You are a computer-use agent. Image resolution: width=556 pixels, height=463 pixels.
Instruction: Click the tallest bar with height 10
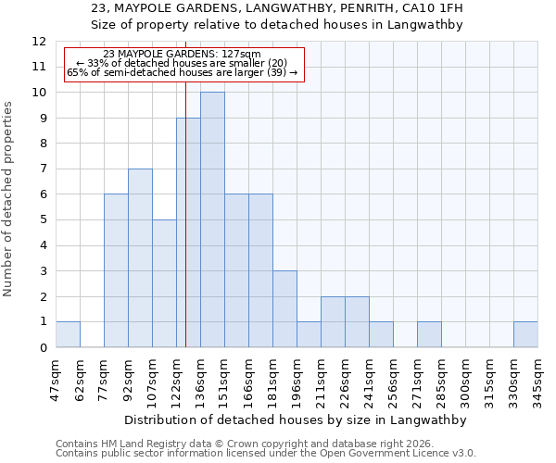pyautogui.click(x=212, y=219)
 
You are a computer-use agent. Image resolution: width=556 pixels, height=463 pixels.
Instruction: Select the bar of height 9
pyautogui.click(x=188, y=232)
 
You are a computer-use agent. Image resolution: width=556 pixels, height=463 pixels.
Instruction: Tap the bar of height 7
pyautogui.click(x=140, y=257)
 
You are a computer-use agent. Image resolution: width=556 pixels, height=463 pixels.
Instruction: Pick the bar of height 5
pyautogui.click(x=164, y=283)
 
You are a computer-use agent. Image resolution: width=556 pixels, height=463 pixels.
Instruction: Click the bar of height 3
pyautogui.click(x=284, y=308)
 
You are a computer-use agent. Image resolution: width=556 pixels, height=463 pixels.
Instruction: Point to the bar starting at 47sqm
pyautogui.click(x=68, y=334)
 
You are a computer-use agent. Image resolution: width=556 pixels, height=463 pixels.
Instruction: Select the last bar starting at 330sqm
pyautogui.click(x=525, y=334)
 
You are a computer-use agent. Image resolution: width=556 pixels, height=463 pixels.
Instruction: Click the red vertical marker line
pyautogui.click(x=185, y=185)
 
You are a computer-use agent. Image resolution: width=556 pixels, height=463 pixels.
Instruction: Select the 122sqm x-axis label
pyautogui.click(x=176, y=380)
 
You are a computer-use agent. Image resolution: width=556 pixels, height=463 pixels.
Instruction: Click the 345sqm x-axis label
pyautogui.click(x=537, y=380)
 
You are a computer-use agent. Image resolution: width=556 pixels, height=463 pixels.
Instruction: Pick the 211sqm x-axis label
pyautogui.click(x=321, y=380)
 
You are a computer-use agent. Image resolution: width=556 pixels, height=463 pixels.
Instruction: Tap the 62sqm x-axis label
pyautogui.click(x=80, y=380)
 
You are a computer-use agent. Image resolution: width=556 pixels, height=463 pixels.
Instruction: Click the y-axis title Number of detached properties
pyautogui.click(x=9, y=200)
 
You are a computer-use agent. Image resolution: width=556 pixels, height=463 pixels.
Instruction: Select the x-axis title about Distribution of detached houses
pyautogui.click(x=296, y=419)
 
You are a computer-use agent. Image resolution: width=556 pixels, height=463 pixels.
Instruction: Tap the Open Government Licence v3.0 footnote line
pyautogui.click(x=266, y=454)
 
